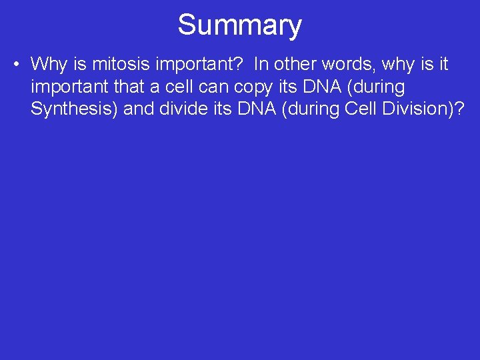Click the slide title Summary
pos(239,25)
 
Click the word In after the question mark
pos(261,65)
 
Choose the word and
pos(139,109)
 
